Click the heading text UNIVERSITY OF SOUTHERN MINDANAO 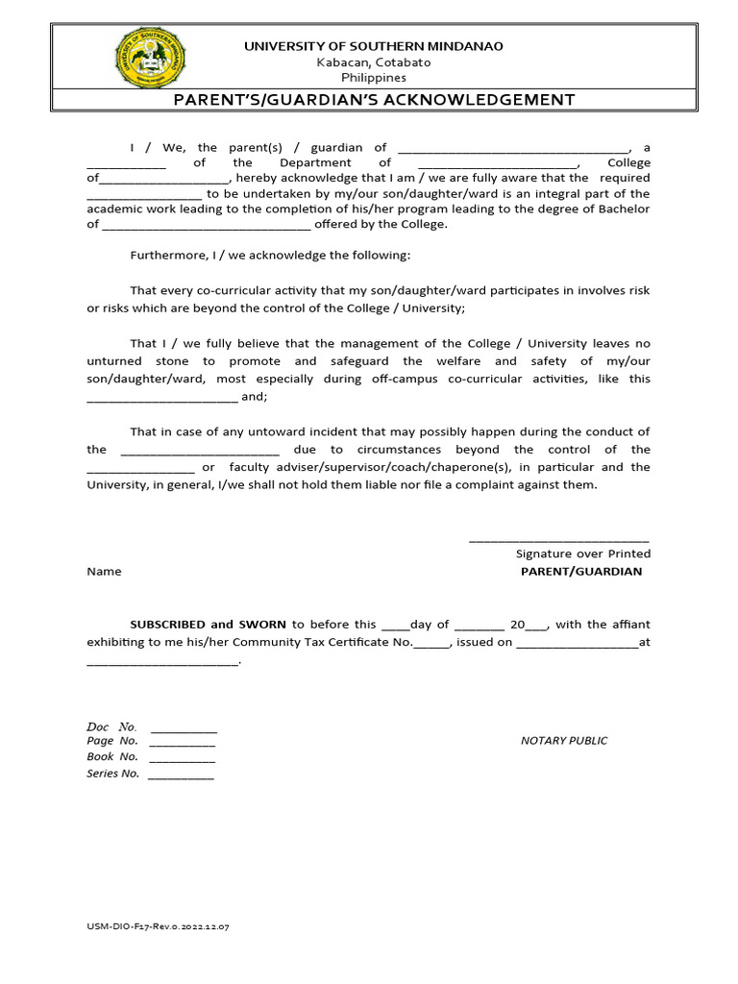tap(374, 46)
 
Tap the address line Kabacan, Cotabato tap(374, 62)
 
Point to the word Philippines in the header tap(374, 78)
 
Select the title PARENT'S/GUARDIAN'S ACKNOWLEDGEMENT tap(374, 100)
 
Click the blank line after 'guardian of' tap(513, 149)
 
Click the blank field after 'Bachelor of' tap(206, 226)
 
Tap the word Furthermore tap(164, 256)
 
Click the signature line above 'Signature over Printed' tap(558, 540)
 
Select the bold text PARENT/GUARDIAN tap(580, 572)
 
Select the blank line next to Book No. tap(183, 759)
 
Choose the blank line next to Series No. tap(181, 775)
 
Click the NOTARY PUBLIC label tap(564, 741)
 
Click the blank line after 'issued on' tap(577, 643)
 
